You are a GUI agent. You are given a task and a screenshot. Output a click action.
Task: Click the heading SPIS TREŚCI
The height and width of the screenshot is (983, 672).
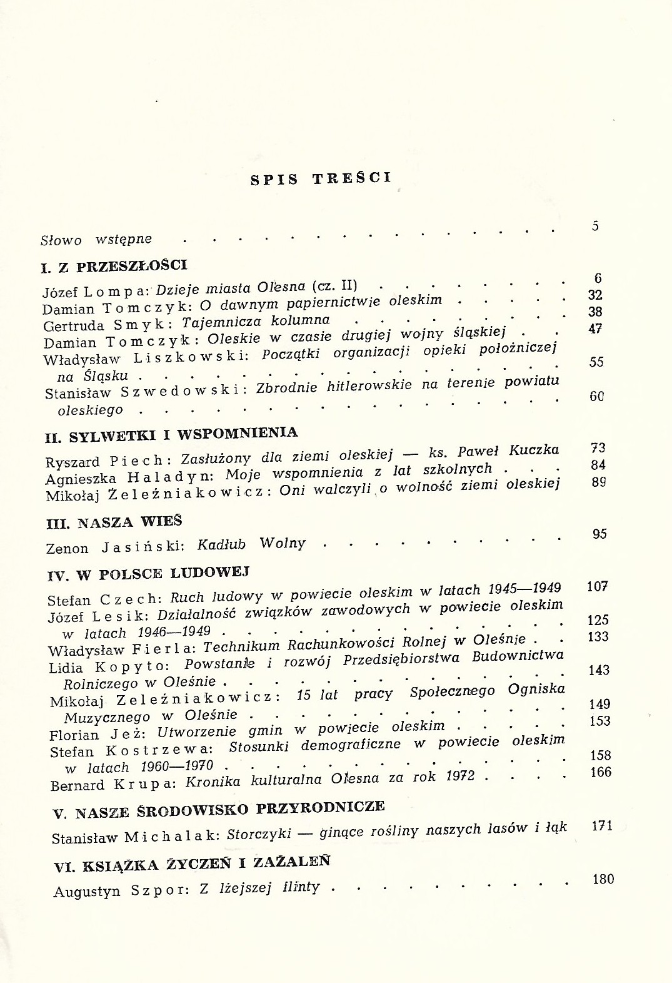[321, 178]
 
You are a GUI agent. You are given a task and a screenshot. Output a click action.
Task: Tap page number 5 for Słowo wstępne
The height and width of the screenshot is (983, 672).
[595, 226]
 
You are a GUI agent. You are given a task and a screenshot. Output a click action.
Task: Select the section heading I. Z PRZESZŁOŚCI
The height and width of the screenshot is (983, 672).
[114, 267]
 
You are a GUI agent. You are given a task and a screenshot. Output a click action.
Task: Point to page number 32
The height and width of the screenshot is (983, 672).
[595, 295]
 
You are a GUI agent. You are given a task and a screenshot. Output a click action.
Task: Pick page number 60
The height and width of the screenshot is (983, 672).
[596, 396]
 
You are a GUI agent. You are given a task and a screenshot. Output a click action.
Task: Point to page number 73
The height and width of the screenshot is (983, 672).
[598, 448]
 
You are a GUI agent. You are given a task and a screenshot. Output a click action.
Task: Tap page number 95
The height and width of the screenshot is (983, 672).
[599, 534]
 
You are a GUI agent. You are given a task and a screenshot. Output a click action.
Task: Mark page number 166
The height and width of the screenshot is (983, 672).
[601, 772]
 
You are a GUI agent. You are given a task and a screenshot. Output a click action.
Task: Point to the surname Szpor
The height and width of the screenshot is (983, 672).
[159, 890]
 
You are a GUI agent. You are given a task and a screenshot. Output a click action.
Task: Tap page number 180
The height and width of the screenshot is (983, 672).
[603, 879]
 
